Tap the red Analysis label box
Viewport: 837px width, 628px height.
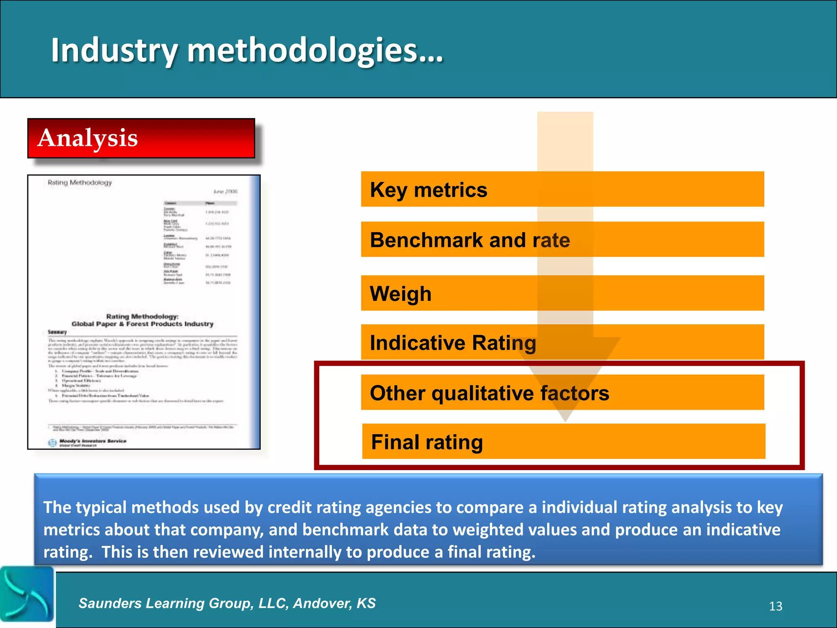pos(141,138)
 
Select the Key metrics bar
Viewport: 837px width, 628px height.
pos(562,189)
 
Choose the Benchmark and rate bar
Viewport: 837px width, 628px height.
pos(562,240)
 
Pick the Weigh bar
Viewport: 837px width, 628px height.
pos(562,293)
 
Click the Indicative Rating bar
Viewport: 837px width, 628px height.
pos(562,342)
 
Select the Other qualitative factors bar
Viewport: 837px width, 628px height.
pos(562,392)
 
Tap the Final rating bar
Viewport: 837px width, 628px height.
pos(563,442)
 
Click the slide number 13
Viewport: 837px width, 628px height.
pos(775,606)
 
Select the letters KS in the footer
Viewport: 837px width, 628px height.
pos(366,603)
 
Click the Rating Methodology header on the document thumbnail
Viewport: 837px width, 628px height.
pos(80,182)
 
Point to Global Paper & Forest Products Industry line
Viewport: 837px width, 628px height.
pos(142,324)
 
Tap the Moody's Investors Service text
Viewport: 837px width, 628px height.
pos(93,441)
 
